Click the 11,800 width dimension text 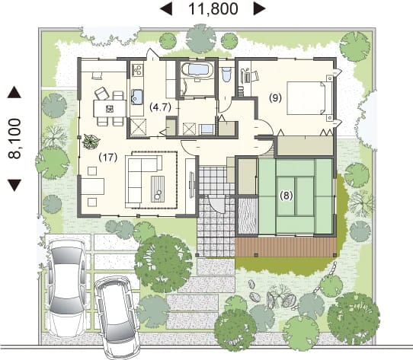coord(213,8)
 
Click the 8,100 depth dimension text coord(14,139)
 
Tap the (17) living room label coord(107,158)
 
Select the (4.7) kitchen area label coord(160,107)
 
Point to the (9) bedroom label coord(275,98)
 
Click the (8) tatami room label coord(287,196)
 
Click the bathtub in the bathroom coord(197,70)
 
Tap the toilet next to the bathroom coord(226,74)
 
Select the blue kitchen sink coord(136,97)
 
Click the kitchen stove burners coord(137,69)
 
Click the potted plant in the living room coord(91,142)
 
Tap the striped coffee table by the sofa coord(158,189)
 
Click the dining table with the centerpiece coord(110,108)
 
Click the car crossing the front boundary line coord(118,318)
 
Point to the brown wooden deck coord(286,247)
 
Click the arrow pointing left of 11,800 coord(166,9)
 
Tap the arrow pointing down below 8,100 coord(14,185)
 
